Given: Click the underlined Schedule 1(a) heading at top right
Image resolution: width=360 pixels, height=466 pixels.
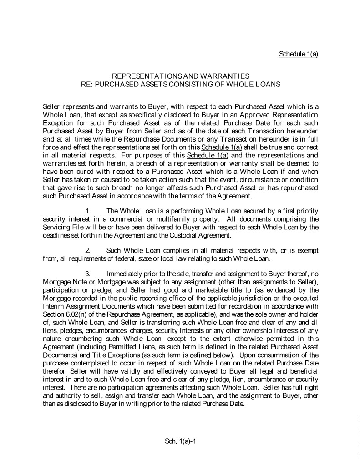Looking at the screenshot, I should coord(298,54).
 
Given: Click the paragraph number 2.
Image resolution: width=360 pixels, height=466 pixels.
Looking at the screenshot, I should coord(88,250).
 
